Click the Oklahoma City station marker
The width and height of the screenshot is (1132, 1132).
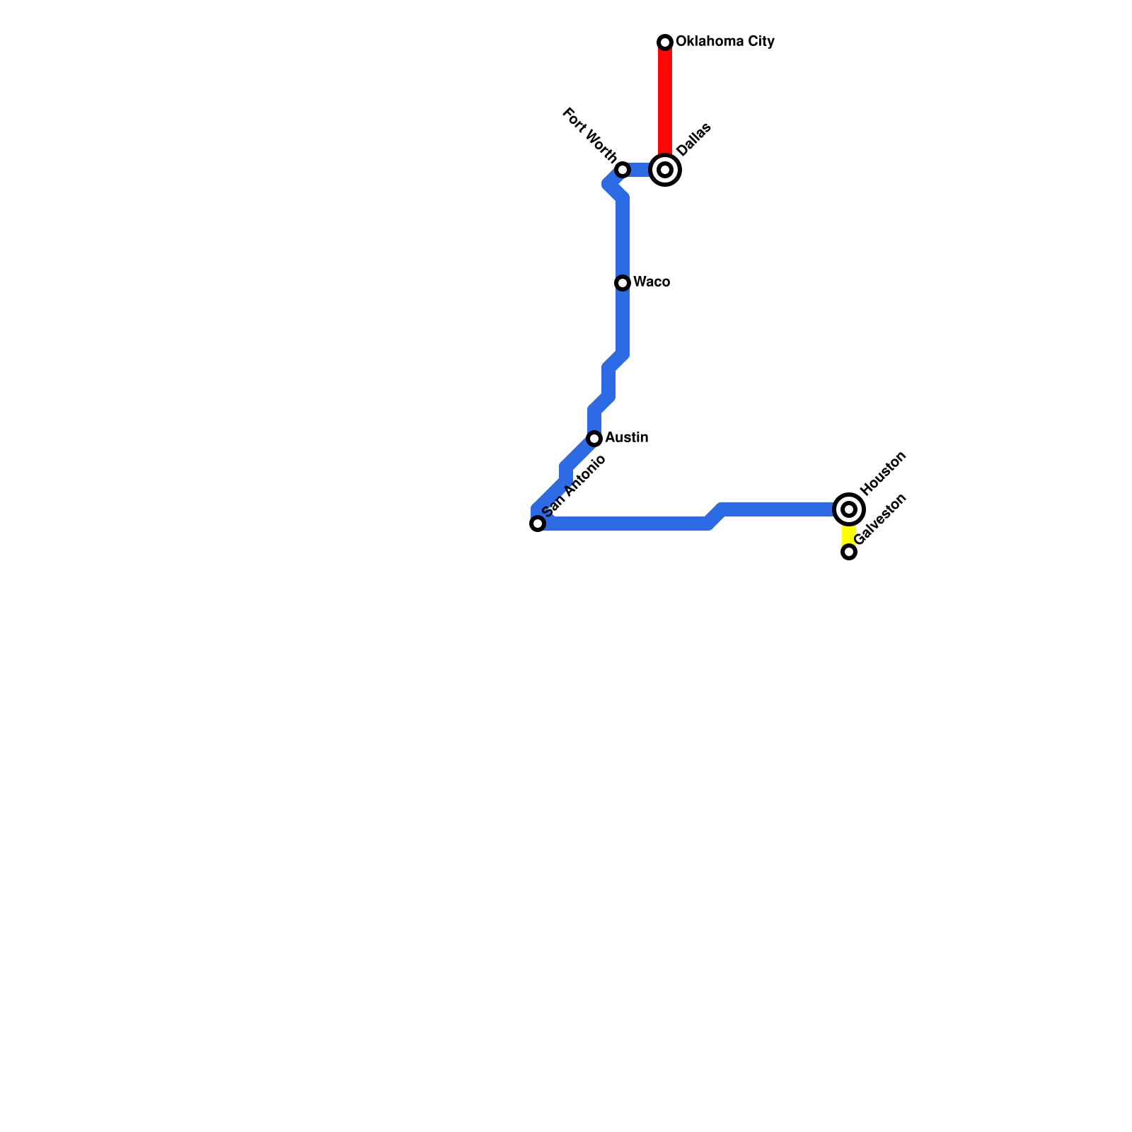[x=665, y=42]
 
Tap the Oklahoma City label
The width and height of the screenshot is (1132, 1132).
[x=724, y=42]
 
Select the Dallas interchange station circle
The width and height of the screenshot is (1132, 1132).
[x=665, y=170]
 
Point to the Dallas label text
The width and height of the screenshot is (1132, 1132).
[x=693, y=139]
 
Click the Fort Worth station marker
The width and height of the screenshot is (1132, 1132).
[x=623, y=170]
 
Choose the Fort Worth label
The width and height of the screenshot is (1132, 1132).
[x=589, y=134]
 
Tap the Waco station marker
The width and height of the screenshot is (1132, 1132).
[x=623, y=283]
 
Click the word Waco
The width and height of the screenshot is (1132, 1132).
[x=652, y=282]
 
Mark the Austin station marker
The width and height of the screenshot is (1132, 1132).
[x=594, y=439]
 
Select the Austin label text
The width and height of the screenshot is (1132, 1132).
[x=626, y=438]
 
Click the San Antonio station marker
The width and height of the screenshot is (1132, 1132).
[x=538, y=524]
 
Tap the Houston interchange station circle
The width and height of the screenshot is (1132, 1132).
[x=849, y=509]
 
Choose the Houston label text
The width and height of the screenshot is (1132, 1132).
[x=883, y=473]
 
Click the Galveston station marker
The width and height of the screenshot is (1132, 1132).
[x=849, y=552]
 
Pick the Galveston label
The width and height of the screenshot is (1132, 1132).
[x=880, y=519]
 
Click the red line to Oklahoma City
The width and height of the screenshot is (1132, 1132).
[x=665, y=99]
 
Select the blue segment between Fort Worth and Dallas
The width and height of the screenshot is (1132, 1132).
[x=640, y=170]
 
